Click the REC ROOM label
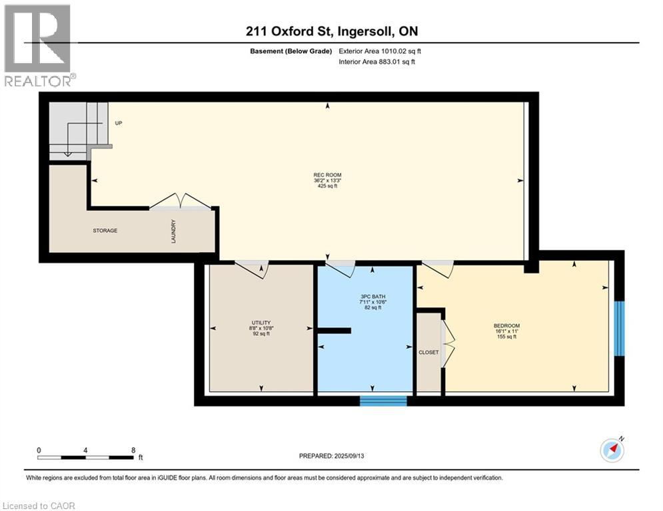pyautogui.click(x=327, y=175)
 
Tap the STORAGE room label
pyautogui.click(x=105, y=231)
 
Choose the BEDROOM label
pyautogui.click(x=505, y=326)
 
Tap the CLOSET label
pyautogui.click(x=428, y=353)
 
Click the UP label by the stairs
pyautogui.click(x=118, y=123)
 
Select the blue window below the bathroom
pyautogui.click(x=383, y=401)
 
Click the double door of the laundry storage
pyautogui.click(x=179, y=201)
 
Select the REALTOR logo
pyautogui.click(x=39, y=45)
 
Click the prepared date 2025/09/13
pyautogui.click(x=333, y=456)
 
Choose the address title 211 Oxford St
pyautogui.click(x=331, y=31)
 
